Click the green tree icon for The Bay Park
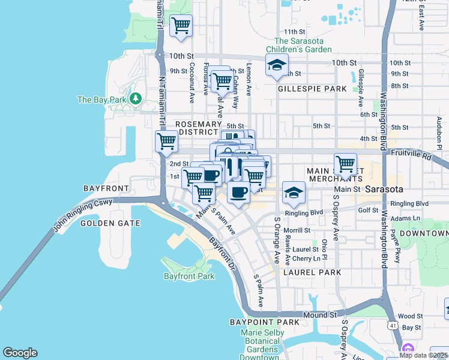point(136,98)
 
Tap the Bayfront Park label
point(189,276)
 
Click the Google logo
point(20,353)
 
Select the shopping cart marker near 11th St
point(181,26)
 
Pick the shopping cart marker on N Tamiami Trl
point(166,142)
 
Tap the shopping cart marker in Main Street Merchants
point(345,163)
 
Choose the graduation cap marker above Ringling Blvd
point(294,193)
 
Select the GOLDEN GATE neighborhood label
point(110,223)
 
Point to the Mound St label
point(320,314)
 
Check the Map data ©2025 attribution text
point(423,355)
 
